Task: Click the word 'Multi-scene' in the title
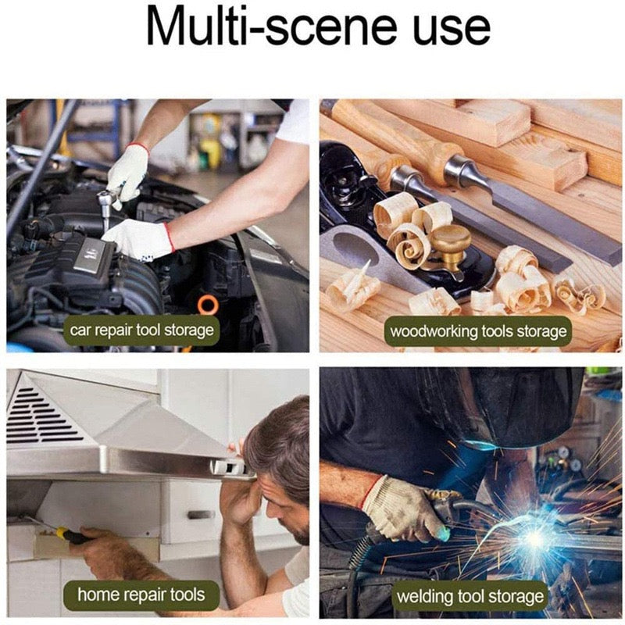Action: [x=272, y=27]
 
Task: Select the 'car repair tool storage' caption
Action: [x=142, y=330]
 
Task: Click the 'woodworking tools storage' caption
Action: [x=478, y=331]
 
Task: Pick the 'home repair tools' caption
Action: [x=141, y=595]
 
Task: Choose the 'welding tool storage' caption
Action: [x=470, y=597]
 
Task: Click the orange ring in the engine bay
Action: [x=208, y=305]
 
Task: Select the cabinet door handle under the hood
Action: [x=201, y=515]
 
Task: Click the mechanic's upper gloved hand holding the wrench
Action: [x=127, y=171]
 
